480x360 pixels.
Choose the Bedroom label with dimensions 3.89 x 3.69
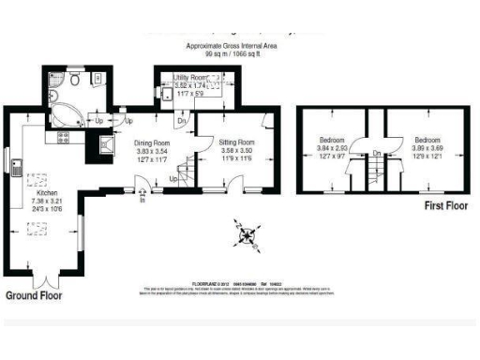point(420,140)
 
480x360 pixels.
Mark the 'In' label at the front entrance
point(142,200)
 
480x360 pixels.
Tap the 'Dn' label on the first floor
point(376,153)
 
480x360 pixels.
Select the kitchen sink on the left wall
point(19,170)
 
